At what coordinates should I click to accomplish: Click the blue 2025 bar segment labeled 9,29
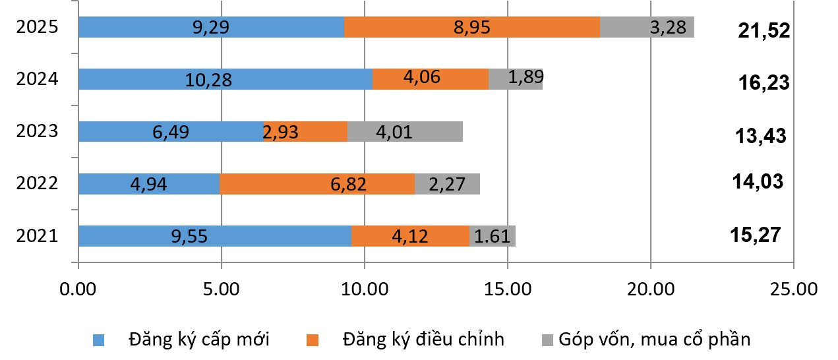[x=211, y=28]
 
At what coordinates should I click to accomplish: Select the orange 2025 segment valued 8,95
[x=471, y=28]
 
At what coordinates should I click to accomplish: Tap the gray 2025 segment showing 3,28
[x=647, y=28]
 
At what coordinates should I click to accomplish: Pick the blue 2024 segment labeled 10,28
[x=225, y=79]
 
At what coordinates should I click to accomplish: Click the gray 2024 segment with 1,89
[x=516, y=79]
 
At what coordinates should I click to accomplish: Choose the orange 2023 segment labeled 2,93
[x=305, y=131]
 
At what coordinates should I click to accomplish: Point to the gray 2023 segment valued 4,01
[x=405, y=131]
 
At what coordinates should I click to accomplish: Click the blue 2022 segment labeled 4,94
[x=149, y=184]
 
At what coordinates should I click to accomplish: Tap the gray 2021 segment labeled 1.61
[x=493, y=235]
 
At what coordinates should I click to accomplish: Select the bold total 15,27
[x=756, y=234]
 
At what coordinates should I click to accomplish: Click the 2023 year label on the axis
[x=38, y=131]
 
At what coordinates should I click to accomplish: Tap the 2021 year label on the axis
[x=38, y=235]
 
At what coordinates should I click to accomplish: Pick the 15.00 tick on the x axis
[x=507, y=289]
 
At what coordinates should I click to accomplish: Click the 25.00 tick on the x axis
[x=793, y=289]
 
